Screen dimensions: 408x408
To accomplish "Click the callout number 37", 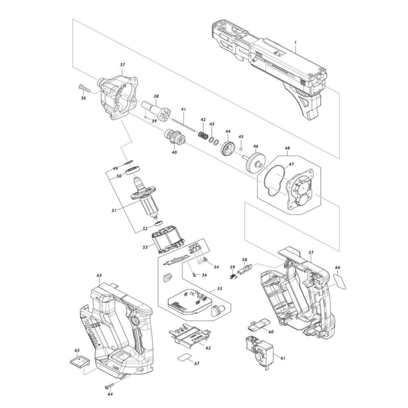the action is coord(122,65).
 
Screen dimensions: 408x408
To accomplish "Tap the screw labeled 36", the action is coord(84,89).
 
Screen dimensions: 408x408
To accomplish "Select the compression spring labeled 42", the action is coord(203,135).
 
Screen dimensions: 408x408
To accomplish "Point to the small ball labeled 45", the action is coord(241,149).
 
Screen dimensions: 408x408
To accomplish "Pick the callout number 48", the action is coord(287,149).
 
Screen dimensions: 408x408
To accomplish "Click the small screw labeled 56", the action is coord(195,275).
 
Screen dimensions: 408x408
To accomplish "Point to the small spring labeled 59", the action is coord(233,276).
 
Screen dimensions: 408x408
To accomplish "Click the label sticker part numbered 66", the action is coord(340,282).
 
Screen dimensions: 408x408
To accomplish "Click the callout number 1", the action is coord(295,42).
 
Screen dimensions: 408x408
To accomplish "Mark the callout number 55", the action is coord(220,289).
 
